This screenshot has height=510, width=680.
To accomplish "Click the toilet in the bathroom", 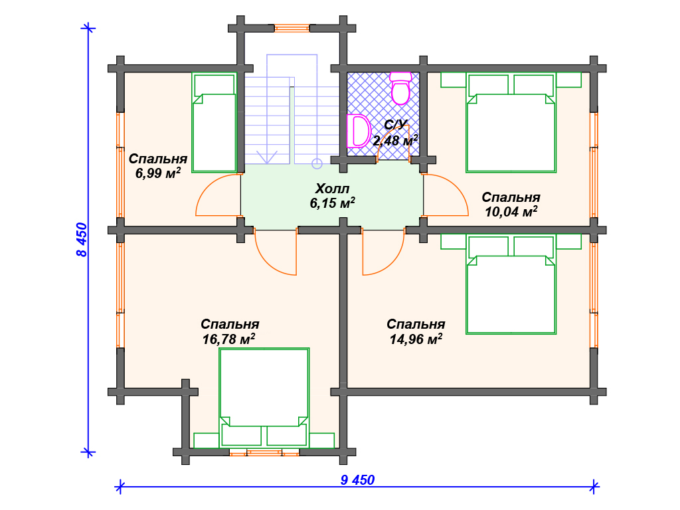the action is [x=400, y=88].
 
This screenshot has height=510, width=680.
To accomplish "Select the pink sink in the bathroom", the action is [x=358, y=131].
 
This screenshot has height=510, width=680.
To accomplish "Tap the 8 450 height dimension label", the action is [x=82, y=240].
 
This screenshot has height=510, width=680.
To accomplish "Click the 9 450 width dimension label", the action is [x=357, y=480].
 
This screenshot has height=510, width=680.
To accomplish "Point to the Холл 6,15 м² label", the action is [x=332, y=196].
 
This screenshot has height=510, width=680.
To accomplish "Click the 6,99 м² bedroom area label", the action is [x=158, y=173].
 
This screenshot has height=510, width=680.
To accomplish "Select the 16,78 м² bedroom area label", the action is [x=228, y=339].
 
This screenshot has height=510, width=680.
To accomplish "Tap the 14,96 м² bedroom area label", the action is [x=416, y=339].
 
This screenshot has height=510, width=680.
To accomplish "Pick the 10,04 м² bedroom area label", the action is [x=511, y=212].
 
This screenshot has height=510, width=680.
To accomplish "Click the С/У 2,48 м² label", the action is [x=396, y=133].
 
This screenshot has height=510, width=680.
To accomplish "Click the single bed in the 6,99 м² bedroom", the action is [x=214, y=123].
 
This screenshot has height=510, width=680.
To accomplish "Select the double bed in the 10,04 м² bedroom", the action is [x=511, y=123].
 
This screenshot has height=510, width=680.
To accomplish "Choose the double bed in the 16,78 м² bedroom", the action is [x=264, y=398].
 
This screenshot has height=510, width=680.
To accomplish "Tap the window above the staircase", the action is [x=292, y=29].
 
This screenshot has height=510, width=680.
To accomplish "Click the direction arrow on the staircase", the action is [x=267, y=157].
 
